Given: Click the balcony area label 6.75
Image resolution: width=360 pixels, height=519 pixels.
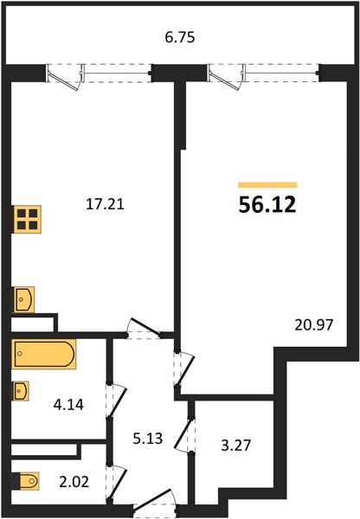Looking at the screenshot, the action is click(180, 37).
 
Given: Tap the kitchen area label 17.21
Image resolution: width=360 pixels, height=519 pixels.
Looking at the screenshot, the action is click(105, 204).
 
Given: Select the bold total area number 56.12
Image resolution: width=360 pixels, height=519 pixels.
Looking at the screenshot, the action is click(267, 205).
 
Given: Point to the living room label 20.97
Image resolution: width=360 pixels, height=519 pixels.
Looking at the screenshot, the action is click(313, 324).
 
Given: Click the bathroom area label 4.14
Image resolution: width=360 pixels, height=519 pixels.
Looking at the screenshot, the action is click(68, 404).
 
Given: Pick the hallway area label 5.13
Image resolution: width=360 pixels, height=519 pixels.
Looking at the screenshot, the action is click(148, 439).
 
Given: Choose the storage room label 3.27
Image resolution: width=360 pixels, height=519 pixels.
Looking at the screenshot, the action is click(235, 445).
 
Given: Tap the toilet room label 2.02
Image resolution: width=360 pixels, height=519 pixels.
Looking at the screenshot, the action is click(74, 482).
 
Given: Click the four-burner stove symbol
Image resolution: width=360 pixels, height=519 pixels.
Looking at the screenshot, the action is click(27, 219).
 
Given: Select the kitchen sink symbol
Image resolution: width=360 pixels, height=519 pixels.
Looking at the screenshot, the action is click(23, 299).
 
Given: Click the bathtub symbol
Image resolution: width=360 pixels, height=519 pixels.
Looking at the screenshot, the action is click(44, 354).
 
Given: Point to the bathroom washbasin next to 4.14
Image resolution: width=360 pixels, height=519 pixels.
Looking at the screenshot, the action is click(21, 391).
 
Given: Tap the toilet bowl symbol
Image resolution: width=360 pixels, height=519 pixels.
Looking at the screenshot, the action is click(27, 481).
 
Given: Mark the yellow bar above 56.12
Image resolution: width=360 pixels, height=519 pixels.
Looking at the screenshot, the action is click(267, 185).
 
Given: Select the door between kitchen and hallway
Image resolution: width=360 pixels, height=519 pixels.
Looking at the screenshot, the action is click(145, 329).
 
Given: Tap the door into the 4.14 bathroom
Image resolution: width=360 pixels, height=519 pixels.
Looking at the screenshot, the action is click(117, 401).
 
